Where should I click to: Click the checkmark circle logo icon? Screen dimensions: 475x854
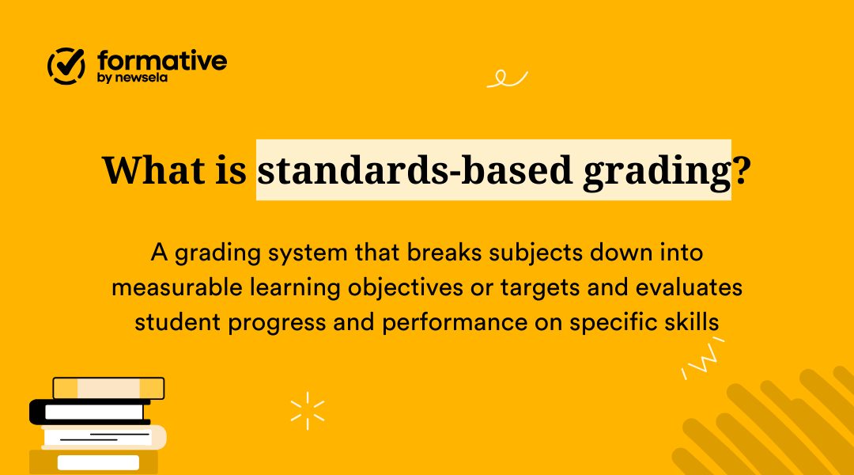(x=66, y=66)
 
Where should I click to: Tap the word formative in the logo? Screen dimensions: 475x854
(x=162, y=60)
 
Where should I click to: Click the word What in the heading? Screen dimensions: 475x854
(x=150, y=169)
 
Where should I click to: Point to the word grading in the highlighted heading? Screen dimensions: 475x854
(x=656, y=171)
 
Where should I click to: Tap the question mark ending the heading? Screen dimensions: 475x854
(x=741, y=169)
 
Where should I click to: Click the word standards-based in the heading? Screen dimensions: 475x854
(x=415, y=169)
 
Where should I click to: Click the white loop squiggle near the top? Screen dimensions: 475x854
(x=507, y=78)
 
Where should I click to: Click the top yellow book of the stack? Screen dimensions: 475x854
(x=108, y=388)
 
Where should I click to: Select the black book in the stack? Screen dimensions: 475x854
(x=89, y=412)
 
